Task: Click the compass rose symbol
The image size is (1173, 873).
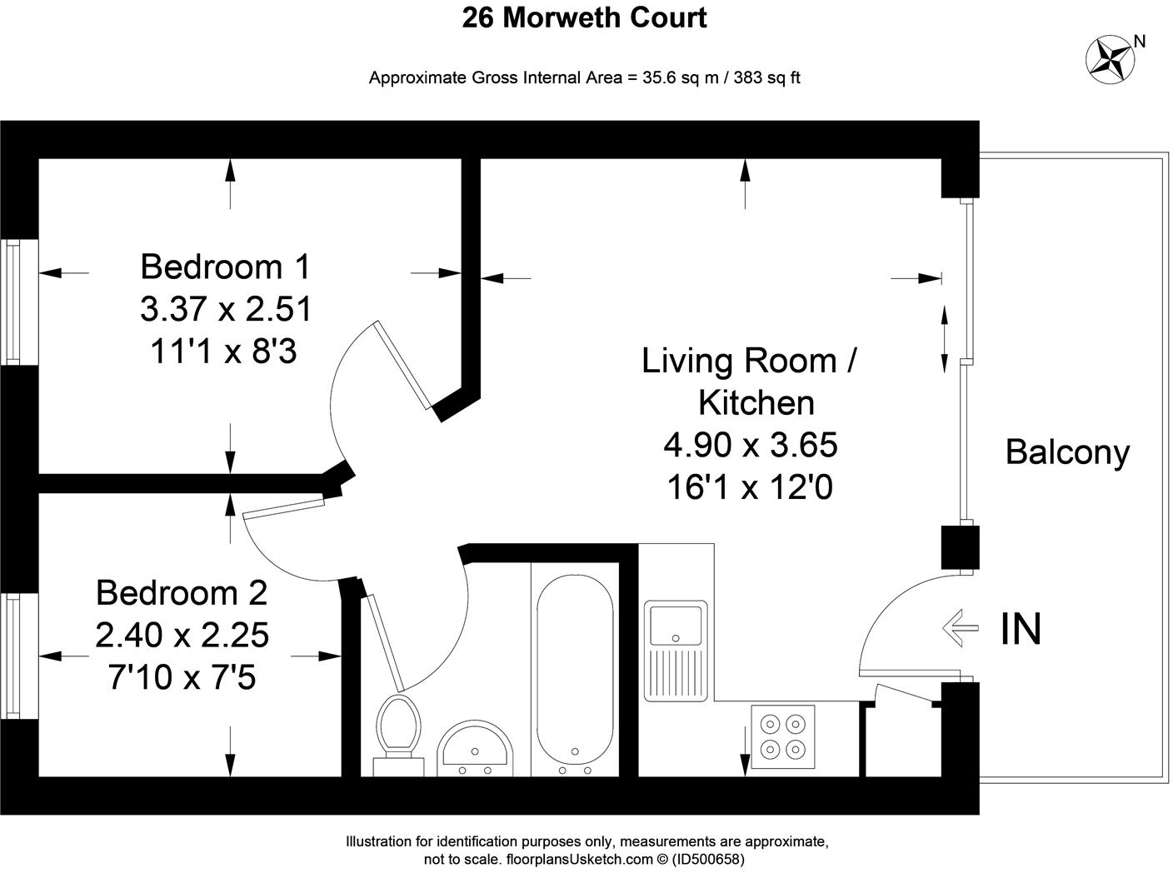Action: coord(1111,59)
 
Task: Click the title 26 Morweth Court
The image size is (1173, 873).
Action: coord(585,17)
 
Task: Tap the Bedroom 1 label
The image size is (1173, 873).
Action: coord(225,267)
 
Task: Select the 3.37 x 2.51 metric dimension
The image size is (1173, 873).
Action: coord(226,309)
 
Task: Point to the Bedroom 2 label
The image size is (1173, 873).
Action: coord(182,593)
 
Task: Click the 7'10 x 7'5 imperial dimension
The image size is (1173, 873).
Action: coord(182,678)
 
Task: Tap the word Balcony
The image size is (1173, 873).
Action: coord(1067,452)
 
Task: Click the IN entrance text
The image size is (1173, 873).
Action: coord(1021,630)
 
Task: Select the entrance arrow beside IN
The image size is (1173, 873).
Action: coord(960,627)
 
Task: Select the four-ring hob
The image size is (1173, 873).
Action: coord(783,736)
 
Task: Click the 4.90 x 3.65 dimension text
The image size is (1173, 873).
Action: coord(750,445)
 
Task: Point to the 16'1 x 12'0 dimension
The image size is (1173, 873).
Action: coord(750,487)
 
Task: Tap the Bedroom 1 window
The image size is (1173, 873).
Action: coord(13,302)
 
